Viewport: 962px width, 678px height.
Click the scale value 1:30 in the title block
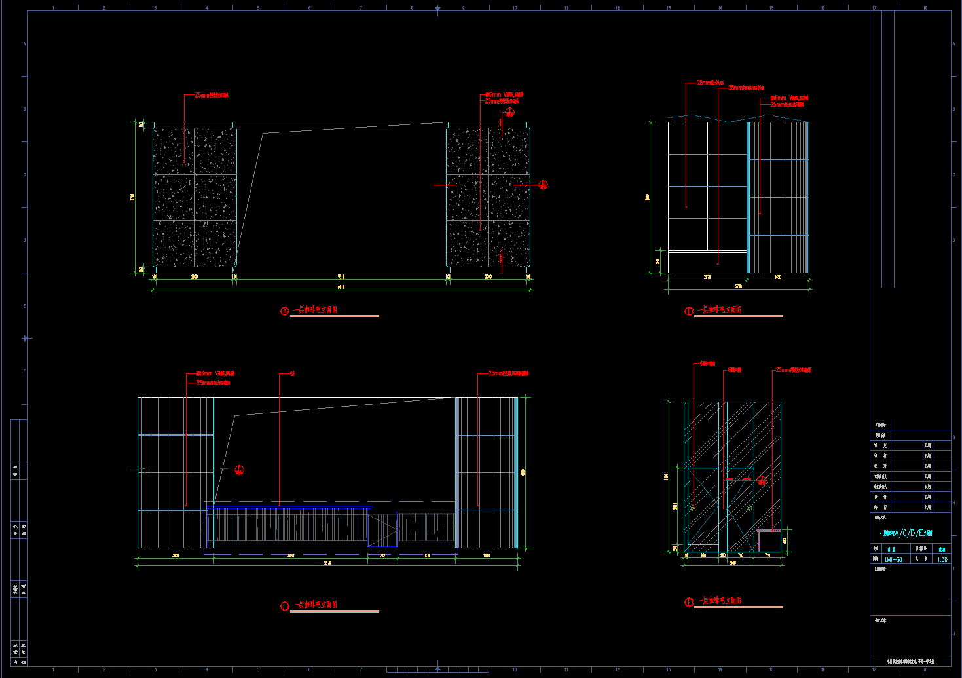coord(942,560)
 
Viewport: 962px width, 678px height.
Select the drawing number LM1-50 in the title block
coord(893,560)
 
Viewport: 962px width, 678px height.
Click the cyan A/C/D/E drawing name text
coord(906,533)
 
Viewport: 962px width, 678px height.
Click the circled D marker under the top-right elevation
coord(689,311)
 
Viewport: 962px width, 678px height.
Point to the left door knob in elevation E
coord(692,508)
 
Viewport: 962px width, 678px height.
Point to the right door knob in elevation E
coord(749,508)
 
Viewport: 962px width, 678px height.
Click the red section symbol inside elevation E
coord(762,480)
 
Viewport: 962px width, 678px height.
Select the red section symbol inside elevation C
coord(240,470)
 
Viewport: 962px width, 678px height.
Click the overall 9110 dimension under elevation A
coord(341,287)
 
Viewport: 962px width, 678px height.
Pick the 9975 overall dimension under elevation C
coord(327,563)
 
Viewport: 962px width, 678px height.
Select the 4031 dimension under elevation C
coord(291,556)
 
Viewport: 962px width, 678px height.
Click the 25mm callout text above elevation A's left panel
coord(212,96)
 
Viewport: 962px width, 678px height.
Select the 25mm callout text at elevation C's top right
coord(509,373)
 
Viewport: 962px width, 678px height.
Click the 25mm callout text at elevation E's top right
coord(794,370)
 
